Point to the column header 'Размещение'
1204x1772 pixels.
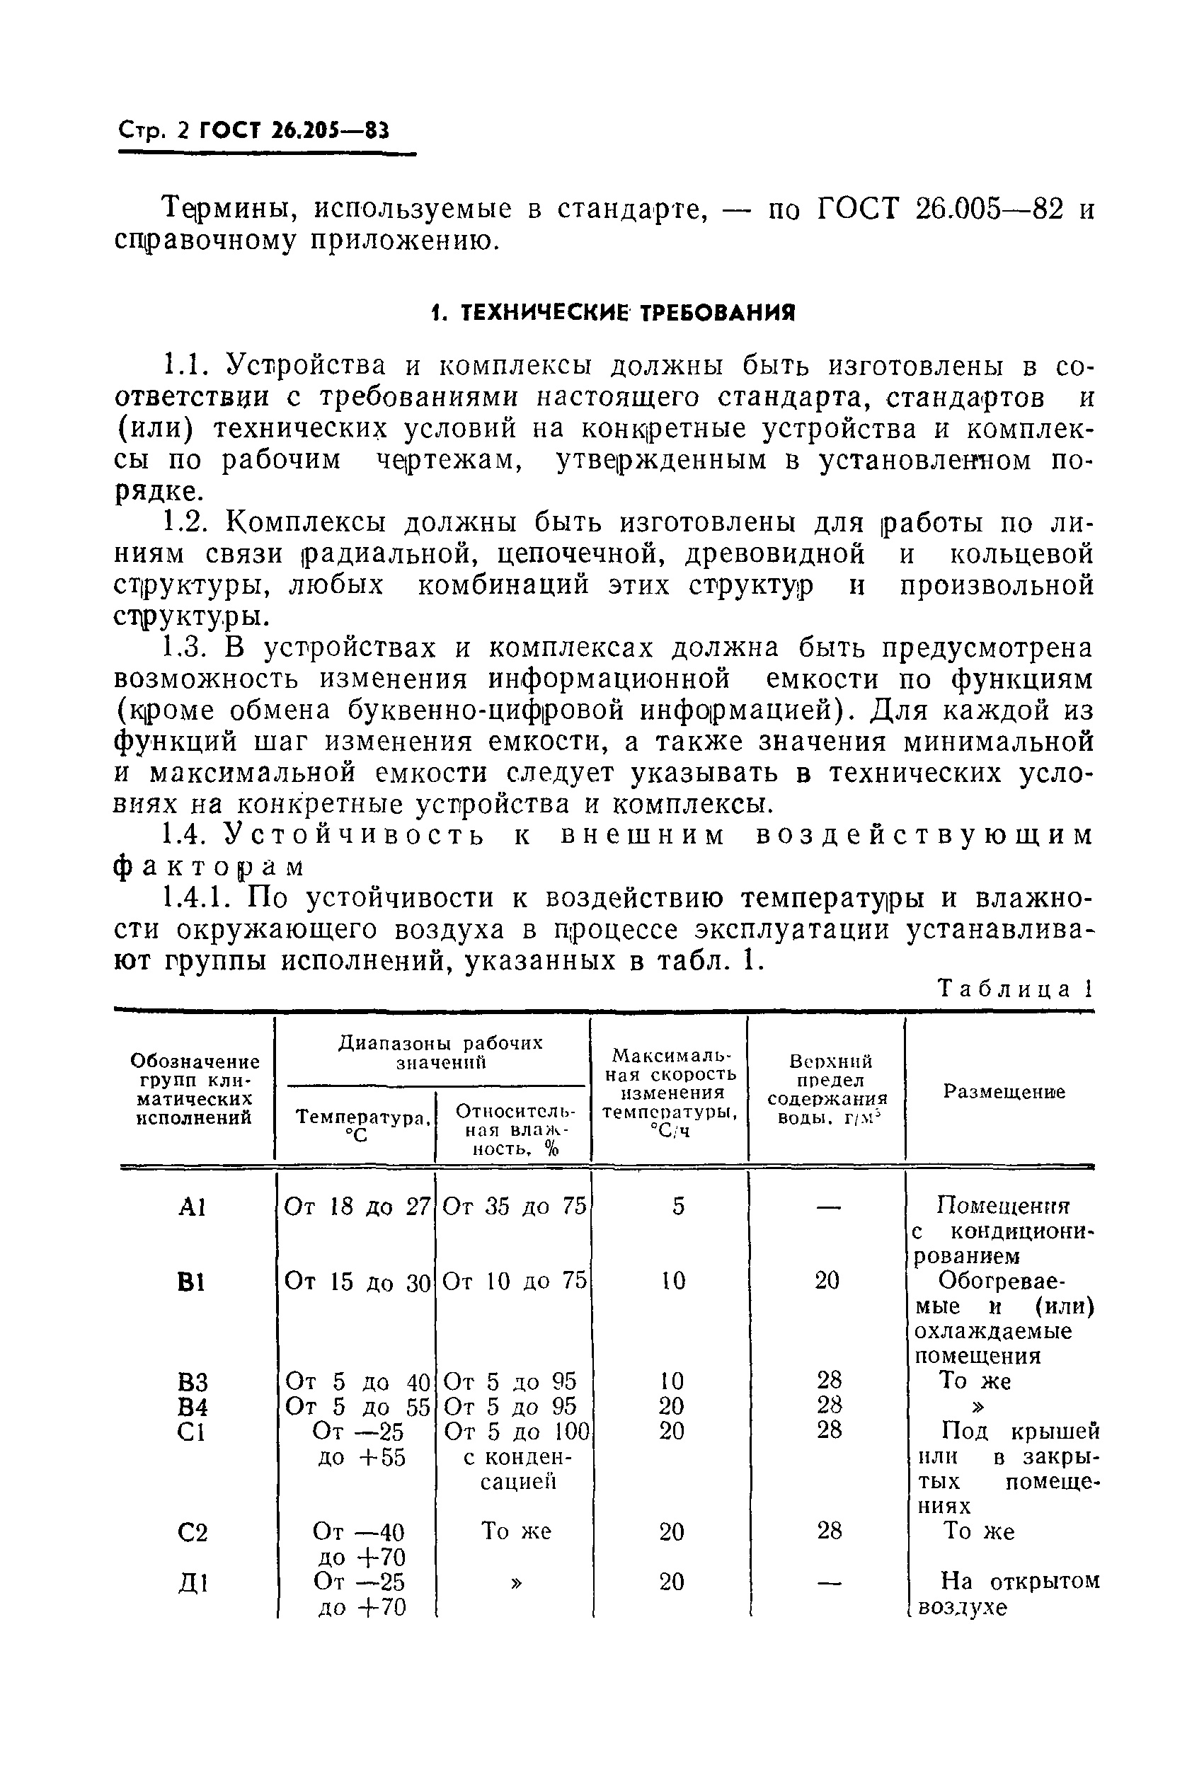pyautogui.click(x=1004, y=1092)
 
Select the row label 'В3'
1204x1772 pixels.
pyautogui.click(x=191, y=1382)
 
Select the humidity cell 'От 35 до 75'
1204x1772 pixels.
pyautogui.click(x=515, y=1207)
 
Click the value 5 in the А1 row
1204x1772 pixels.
pyautogui.click(x=678, y=1207)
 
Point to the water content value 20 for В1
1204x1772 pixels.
pyautogui.click(x=827, y=1281)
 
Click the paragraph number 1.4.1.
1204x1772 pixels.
pyautogui.click(x=200, y=899)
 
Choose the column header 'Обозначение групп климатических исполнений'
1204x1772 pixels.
pyautogui.click(x=195, y=1090)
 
